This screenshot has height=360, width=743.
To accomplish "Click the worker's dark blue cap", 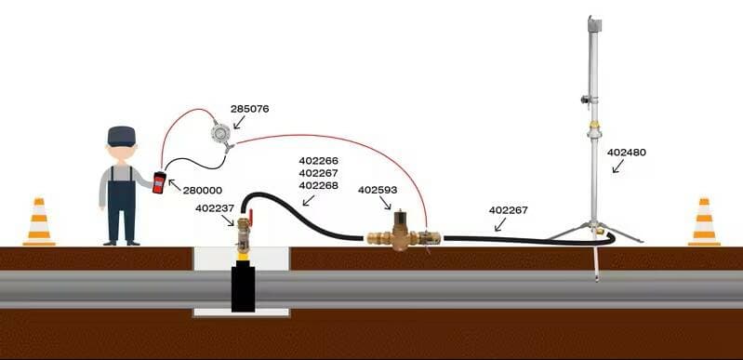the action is pos(121,136).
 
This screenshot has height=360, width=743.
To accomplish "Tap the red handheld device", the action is pos(159,182).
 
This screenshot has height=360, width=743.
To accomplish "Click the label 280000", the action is pos(203,191).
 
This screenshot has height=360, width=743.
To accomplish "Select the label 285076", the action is pos(250,109).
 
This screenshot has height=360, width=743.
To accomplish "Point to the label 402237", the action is pos(215,207).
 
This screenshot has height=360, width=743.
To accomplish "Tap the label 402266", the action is pos(318,161).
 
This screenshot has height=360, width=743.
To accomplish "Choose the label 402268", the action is pos(318,185).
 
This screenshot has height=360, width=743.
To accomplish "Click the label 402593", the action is pos(378,190).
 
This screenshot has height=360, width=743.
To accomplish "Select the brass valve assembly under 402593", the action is pos(404,233).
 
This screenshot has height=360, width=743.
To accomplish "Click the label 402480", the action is pos(627,153).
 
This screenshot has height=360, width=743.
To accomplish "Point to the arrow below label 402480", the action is pos(617,166).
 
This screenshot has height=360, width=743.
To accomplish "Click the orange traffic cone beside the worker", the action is pos(39,222).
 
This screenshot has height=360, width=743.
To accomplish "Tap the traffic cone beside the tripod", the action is pos(704,222).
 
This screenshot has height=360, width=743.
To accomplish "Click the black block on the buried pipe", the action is pos(243,289).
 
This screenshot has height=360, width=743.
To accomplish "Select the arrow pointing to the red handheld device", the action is pos(175,185).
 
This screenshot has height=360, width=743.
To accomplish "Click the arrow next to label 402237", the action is pos(228,220).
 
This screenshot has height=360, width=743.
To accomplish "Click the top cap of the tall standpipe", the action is pos(594,23).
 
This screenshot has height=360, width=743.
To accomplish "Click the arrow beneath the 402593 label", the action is pos(385,204).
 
